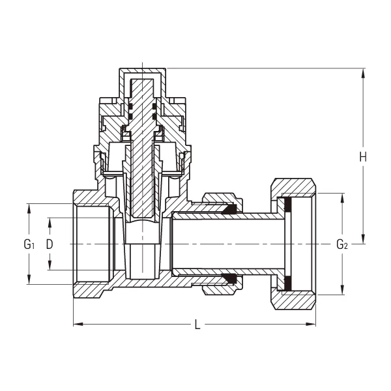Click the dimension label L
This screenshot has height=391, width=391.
pos(197,324)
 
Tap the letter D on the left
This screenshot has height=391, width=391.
pos(50,244)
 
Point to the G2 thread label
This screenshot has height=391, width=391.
pos(341,244)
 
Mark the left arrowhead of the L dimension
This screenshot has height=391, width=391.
pos(76,324)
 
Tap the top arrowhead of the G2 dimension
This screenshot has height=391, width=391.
pos(341,195)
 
